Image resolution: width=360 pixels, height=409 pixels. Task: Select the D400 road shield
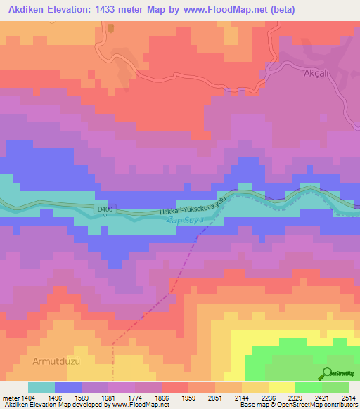(x=105, y=209)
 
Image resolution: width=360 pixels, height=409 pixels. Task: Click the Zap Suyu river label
(x=185, y=221)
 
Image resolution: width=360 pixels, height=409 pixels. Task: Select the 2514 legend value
(x=347, y=397)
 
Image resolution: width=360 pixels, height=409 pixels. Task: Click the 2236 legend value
(x=257, y=397)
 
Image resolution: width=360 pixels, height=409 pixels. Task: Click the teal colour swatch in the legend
(x=41, y=387)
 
